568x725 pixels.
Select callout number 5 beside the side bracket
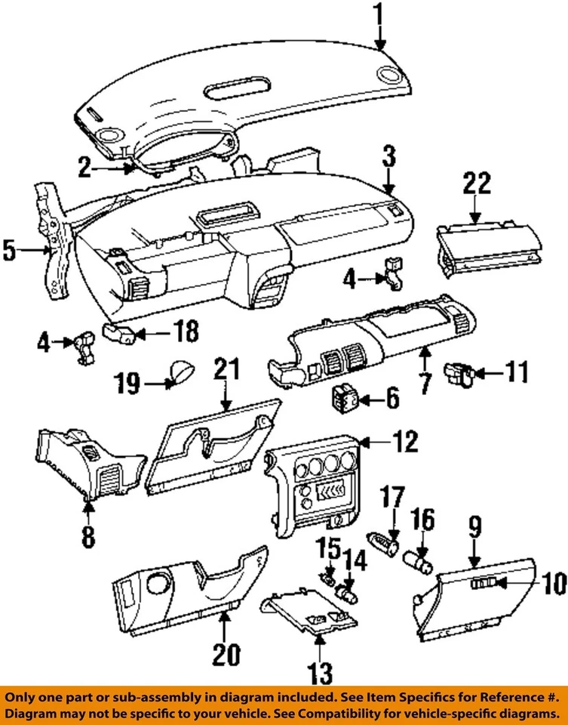click(9, 249)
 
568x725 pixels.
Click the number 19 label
click(129, 384)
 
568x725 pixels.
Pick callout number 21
click(226, 369)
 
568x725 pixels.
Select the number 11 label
click(516, 372)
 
